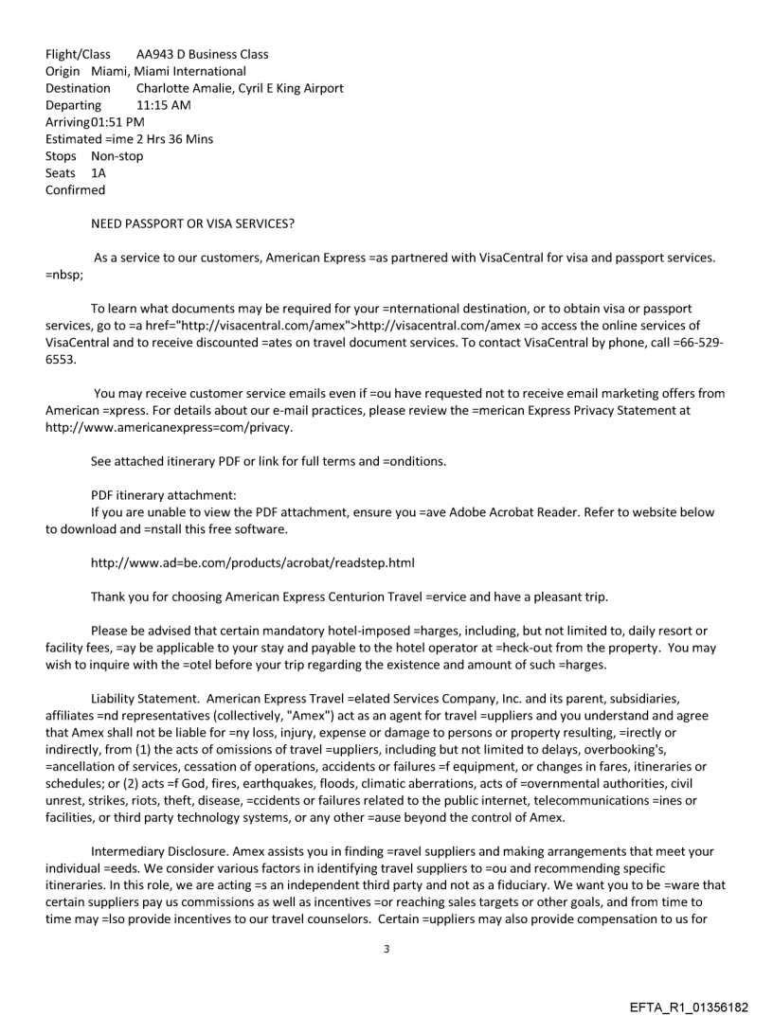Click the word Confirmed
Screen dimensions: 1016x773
coord(75,190)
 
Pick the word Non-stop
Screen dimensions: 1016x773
coord(117,156)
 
